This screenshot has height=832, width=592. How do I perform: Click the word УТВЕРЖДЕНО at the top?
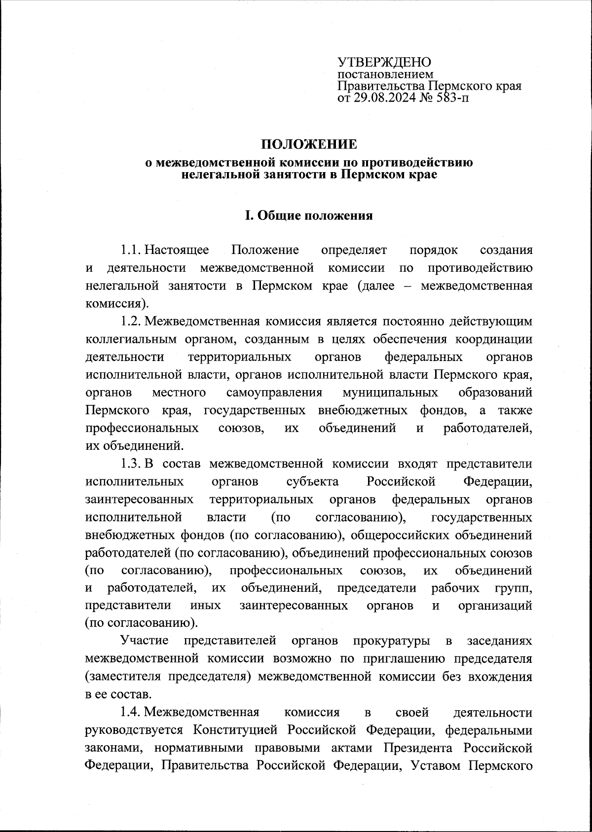tap(384, 62)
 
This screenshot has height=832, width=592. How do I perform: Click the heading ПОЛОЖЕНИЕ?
tap(308, 145)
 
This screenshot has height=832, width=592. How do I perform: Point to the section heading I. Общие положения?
tap(309, 216)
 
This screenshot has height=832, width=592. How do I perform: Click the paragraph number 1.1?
tap(130, 250)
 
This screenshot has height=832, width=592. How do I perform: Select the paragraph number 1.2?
tap(130, 322)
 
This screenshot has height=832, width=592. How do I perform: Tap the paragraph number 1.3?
tap(130, 464)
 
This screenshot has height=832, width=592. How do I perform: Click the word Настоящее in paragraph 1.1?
tap(177, 250)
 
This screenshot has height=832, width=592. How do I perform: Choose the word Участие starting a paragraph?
tap(145, 641)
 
